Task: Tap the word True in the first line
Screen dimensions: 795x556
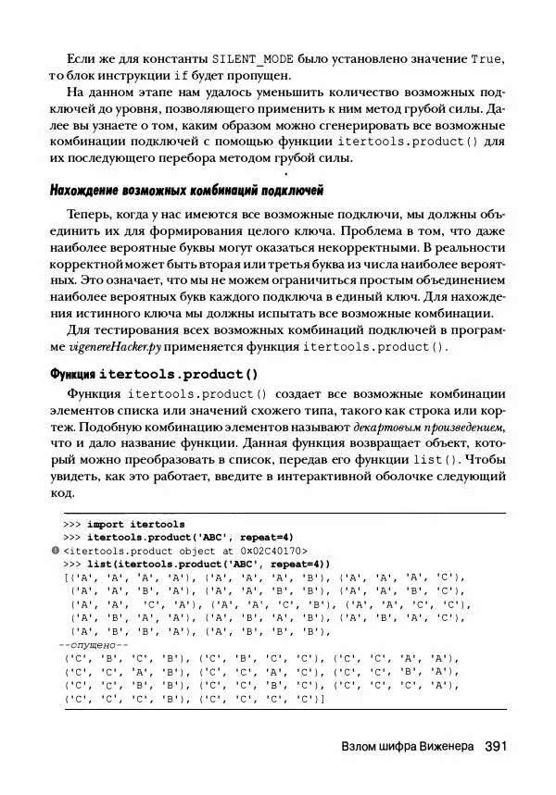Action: (x=487, y=58)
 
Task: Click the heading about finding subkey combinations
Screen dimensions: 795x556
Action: (x=185, y=192)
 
